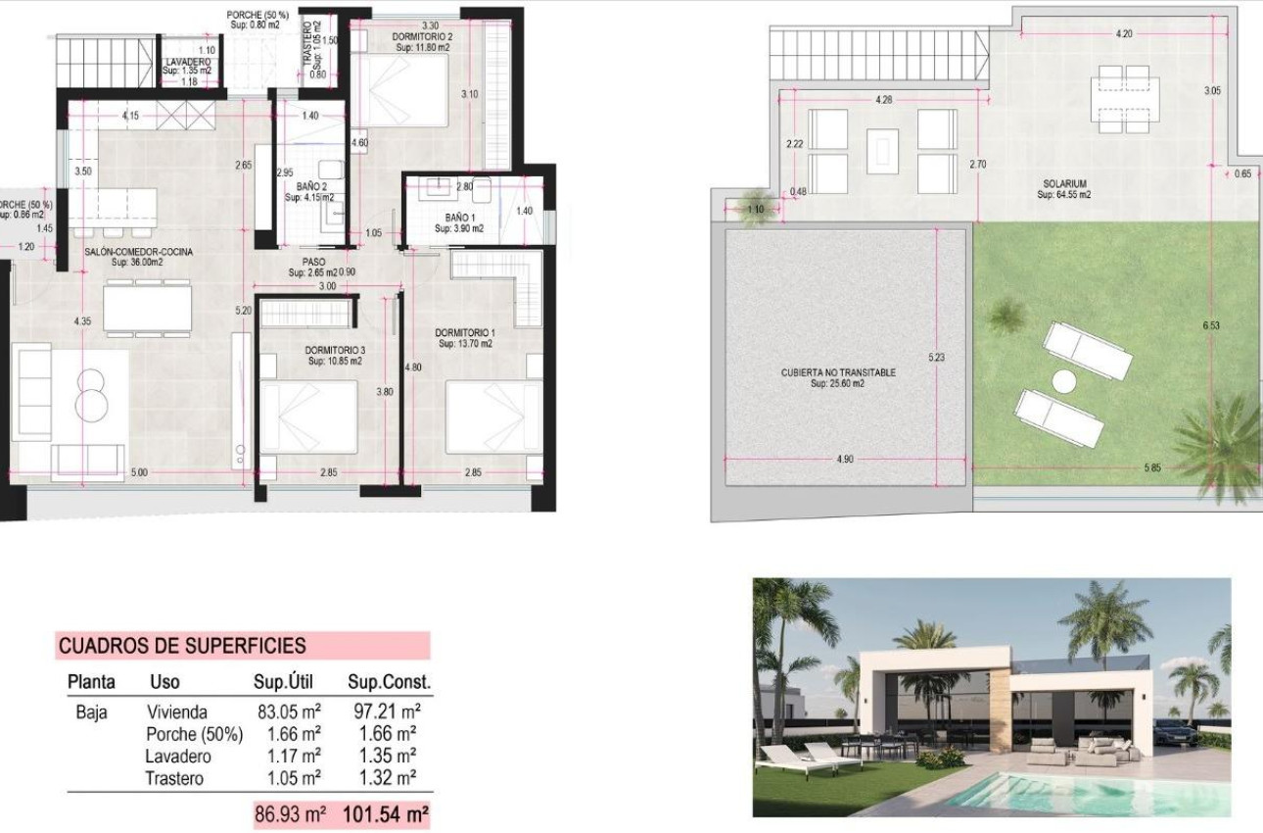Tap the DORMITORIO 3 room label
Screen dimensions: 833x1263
[x=335, y=350]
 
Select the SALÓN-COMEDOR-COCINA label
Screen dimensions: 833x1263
[x=138, y=252]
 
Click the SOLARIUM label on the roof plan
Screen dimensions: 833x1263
[x=1064, y=183]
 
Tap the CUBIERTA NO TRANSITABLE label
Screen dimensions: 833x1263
[x=838, y=372]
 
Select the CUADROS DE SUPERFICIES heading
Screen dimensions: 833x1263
[x=182, y=646]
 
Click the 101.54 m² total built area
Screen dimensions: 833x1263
[x=385, y=814]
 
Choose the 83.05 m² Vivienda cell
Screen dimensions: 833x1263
[x=293, y=711]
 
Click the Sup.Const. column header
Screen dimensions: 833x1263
[x=389, y=682]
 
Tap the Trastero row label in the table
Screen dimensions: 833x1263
[x=174, y=778]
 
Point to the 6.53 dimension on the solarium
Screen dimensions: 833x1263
[x=1212, y=325]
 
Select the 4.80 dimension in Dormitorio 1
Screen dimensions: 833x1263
[x=413, y=367]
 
